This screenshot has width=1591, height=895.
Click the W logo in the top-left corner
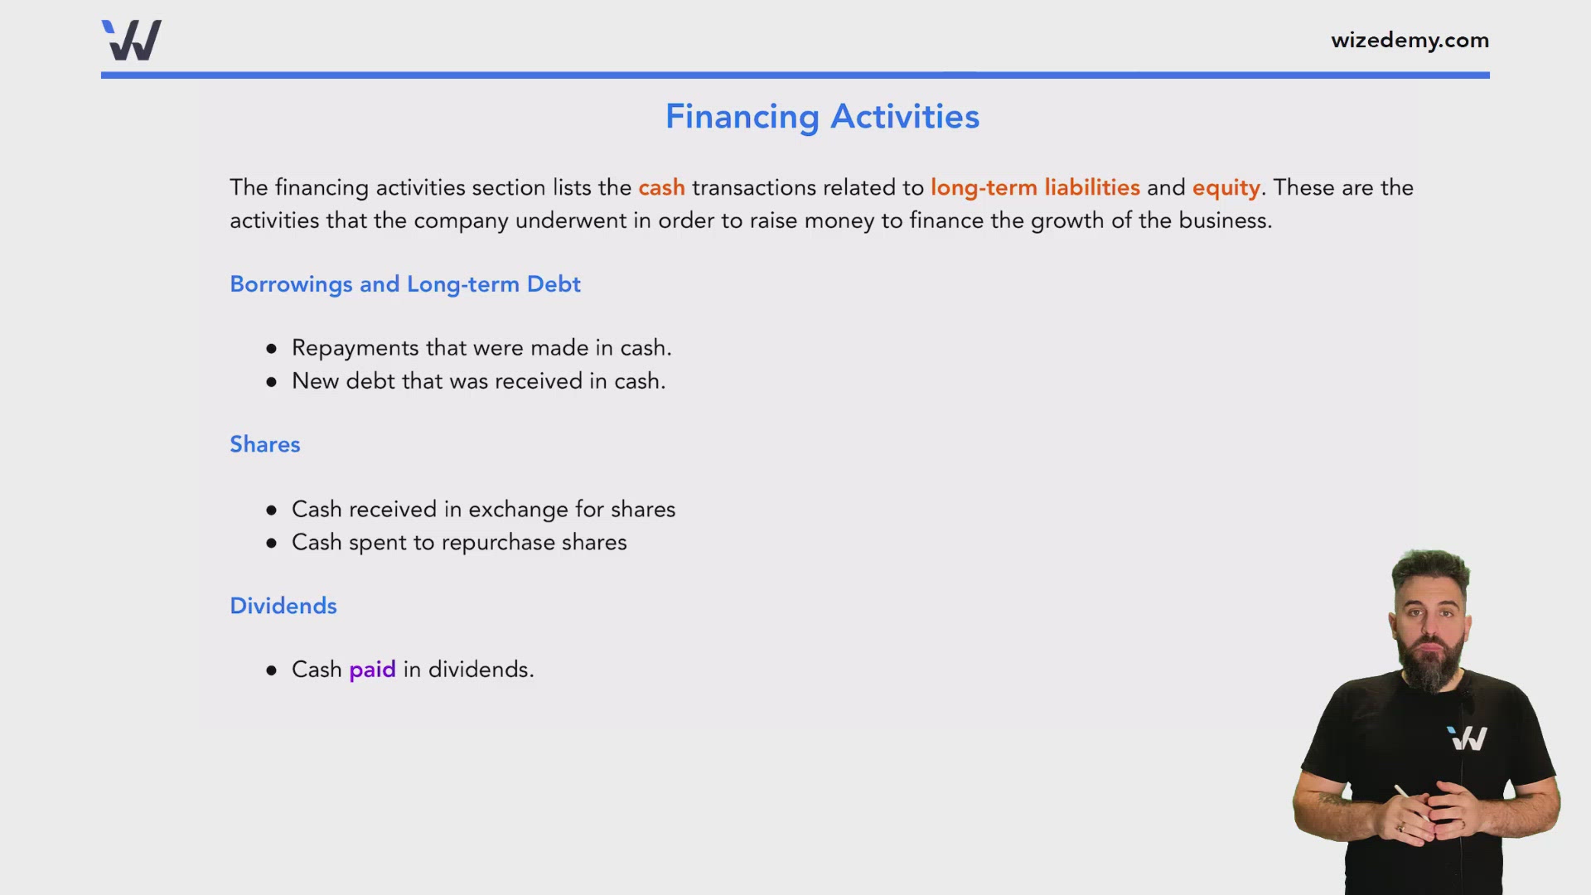coord(132,40)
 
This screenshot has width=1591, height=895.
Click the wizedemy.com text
coord(1410,40)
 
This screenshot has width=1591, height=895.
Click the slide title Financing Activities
coord(822,116)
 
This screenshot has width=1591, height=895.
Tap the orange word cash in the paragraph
coord(661,187)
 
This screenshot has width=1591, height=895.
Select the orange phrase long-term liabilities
coord(1035,187)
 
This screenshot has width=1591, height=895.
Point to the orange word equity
coord(1226,188)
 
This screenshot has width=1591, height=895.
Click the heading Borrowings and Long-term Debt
coord(404,284)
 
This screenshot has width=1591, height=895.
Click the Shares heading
coord(264,444)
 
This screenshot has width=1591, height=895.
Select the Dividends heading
coord(283,606)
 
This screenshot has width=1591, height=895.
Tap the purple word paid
coord(372,670)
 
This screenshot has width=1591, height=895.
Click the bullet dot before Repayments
coord(271,349)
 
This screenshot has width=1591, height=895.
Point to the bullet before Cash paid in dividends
coord(271,670)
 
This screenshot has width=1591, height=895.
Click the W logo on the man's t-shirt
coord(1468,738)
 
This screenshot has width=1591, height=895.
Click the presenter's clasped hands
coord(1428,816)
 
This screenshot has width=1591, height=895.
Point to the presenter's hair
coord(1431,565)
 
